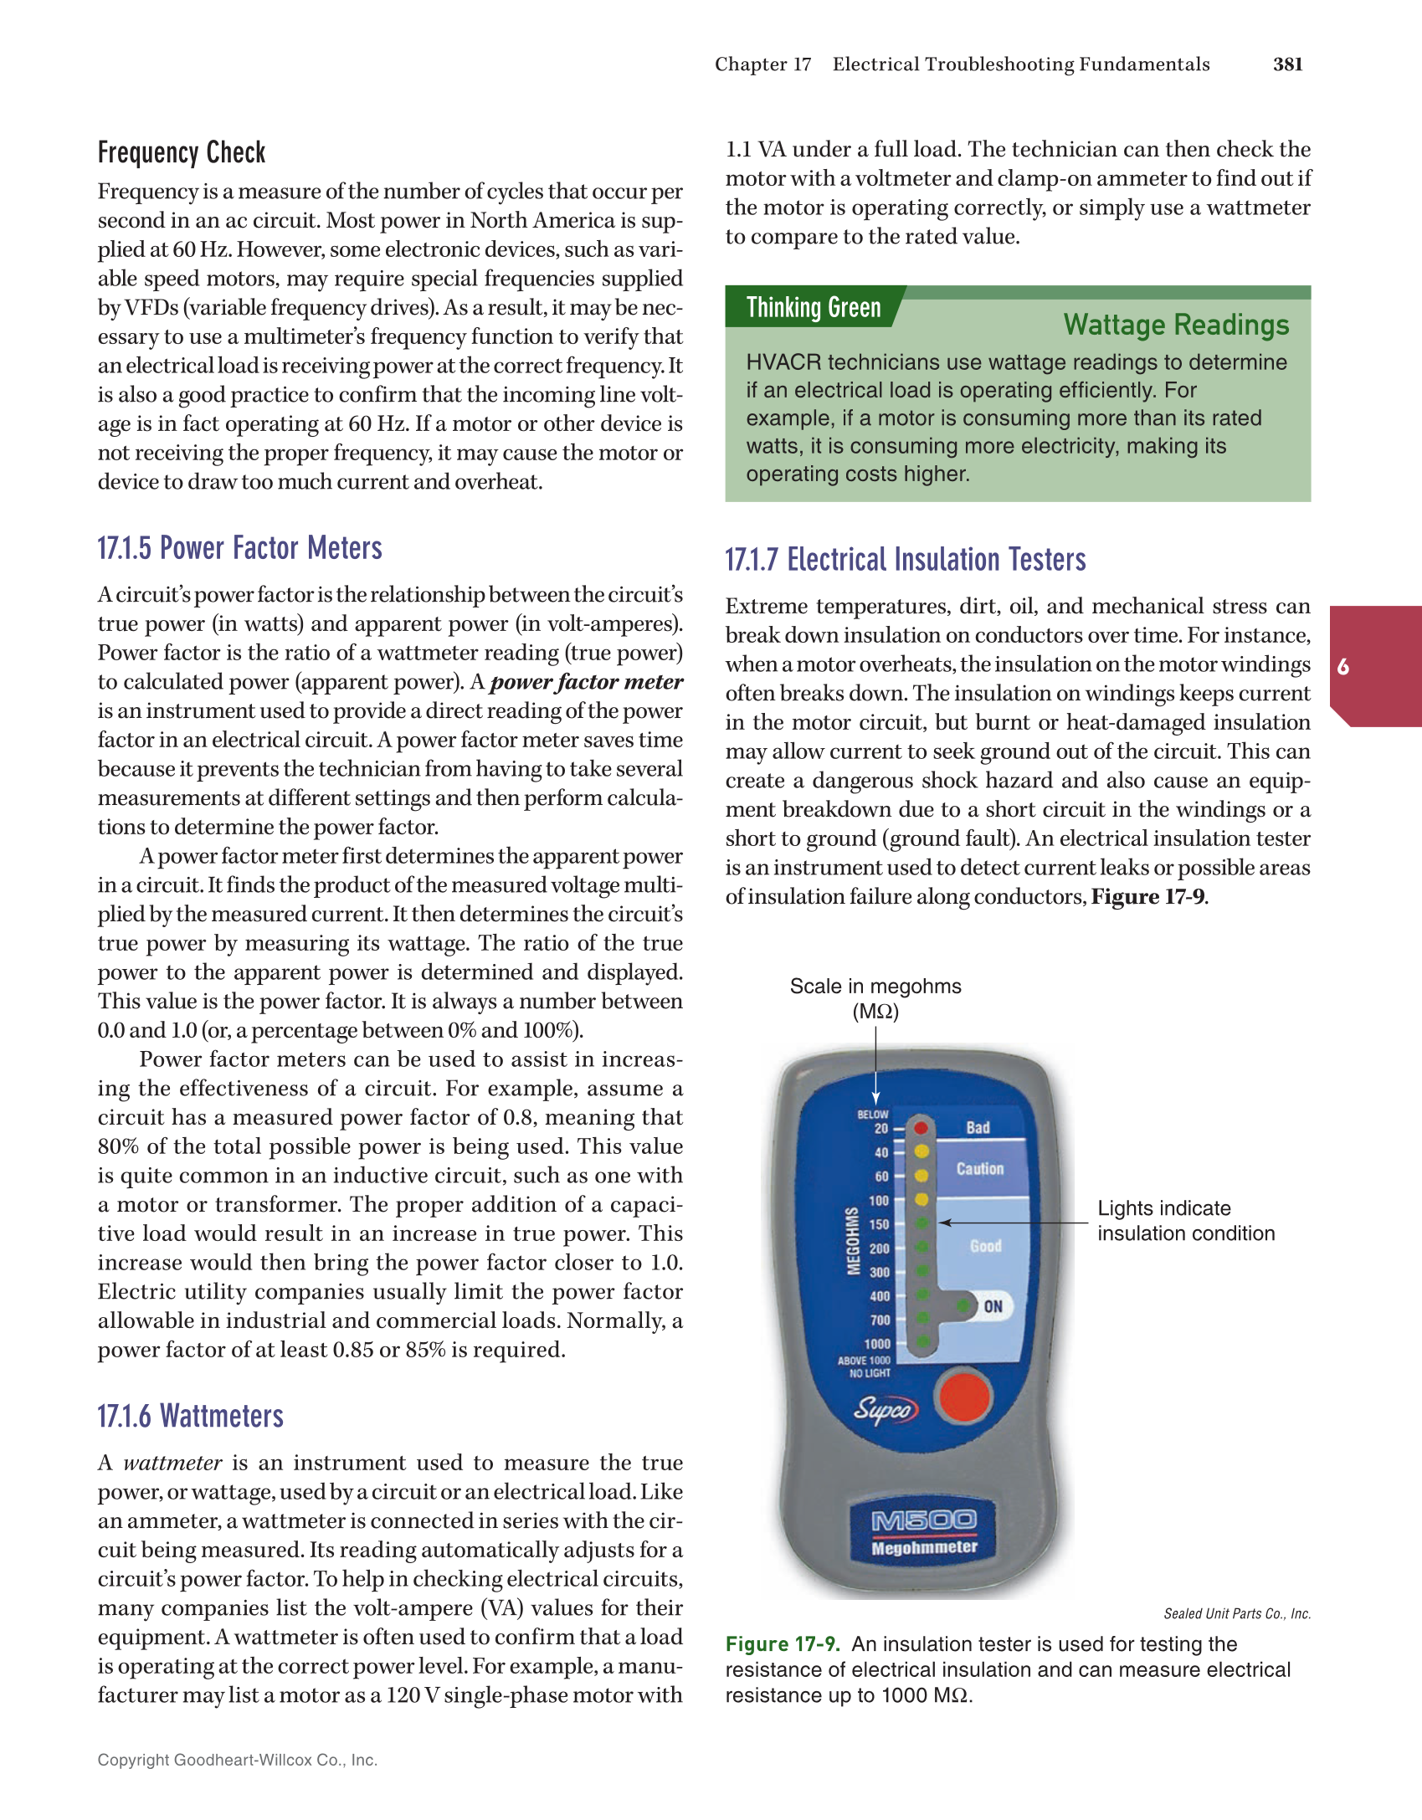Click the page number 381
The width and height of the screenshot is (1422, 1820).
click(1287, 64)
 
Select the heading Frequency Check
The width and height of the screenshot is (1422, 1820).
click(181, 152)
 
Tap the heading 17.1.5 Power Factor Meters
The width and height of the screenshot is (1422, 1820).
click(239, 548)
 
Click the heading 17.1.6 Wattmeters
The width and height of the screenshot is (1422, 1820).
click(190, 1416)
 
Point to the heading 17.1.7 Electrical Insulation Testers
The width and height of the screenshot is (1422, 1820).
click(905, 559)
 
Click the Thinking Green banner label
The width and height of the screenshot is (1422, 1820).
click(813, 307)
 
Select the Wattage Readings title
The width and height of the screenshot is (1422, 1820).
click(1175, 325)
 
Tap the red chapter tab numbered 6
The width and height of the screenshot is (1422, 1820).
click(1342, 667)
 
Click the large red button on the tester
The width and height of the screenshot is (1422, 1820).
click(964, 1396)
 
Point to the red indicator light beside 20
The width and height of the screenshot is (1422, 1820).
click(921, 1127)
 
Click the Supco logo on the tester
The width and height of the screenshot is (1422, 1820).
click(885, 1409)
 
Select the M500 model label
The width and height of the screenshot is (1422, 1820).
click(923, 1520)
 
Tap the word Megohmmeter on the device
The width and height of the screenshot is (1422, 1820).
click(924, 1547)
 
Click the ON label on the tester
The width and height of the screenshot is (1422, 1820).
click(993, 1306)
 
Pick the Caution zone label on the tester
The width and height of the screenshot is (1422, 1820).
click(979, 1168)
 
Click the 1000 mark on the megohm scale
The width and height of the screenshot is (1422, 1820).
click(877, 1344)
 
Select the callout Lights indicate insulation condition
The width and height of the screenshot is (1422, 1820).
click(1185, 1221)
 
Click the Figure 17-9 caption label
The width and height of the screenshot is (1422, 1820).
click(782, 1644)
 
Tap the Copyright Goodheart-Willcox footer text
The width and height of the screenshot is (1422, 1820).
click(237, 1760)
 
